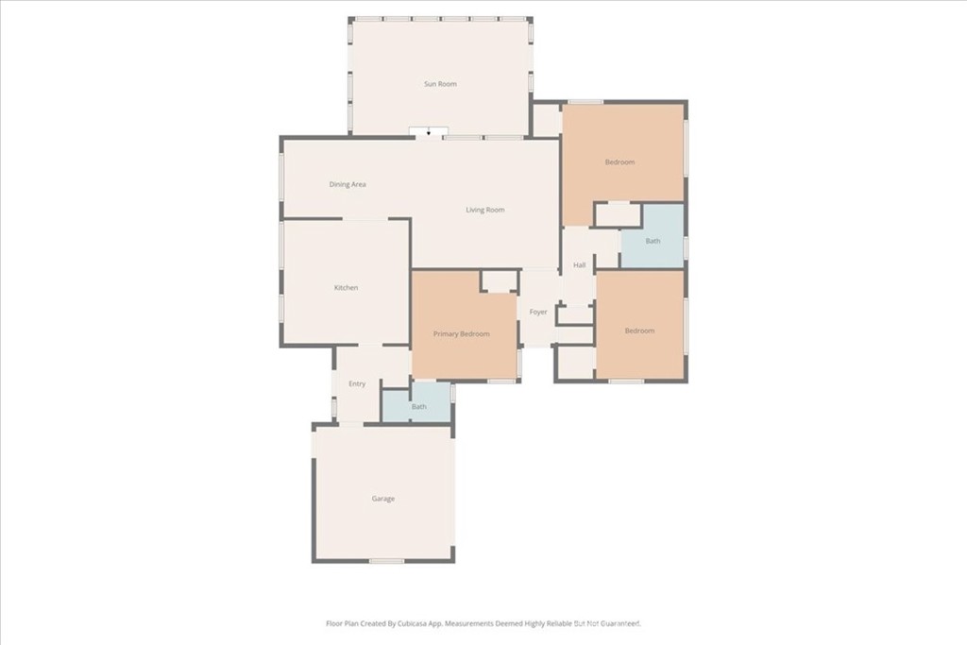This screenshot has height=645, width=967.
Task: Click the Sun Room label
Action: coord(440,84)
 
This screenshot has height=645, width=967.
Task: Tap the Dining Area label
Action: coord(348,184)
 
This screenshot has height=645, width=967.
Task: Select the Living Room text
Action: coord(485,210)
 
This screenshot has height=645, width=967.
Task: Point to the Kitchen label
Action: coord(347,287)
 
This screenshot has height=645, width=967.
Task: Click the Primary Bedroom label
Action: coord(462,334)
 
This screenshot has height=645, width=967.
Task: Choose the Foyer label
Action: coord(538,312)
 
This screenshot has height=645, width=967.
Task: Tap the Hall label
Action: coord(580,265)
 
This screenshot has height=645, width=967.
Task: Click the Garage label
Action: coord(383,499)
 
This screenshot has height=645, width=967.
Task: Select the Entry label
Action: coord(357,383)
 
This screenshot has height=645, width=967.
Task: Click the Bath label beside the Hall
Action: coord(653,241)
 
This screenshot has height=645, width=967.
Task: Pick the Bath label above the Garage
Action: coord(419,407)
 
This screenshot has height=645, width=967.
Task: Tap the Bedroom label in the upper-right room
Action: coord(620,162)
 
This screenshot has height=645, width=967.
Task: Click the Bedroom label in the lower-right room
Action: coord(639,331)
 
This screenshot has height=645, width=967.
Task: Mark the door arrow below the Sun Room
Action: coord(429,133)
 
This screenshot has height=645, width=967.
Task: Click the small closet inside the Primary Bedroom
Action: coord(499,281)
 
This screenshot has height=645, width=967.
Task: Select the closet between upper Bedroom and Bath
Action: coord(618,214)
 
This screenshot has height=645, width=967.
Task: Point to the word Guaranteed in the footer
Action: coord(619,623)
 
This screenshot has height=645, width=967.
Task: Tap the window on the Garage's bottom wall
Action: coord(386,561)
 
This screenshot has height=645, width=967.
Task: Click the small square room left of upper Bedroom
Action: coord(546,120)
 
